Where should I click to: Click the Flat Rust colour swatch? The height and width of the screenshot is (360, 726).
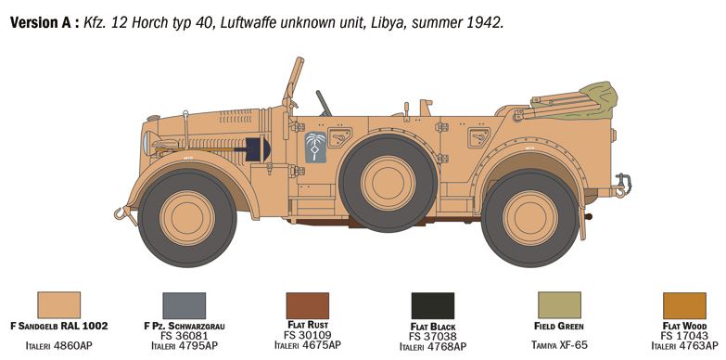click(308, 305)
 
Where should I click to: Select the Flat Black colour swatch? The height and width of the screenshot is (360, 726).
click(433, 305)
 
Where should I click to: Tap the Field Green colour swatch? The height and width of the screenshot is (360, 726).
click(559, 305)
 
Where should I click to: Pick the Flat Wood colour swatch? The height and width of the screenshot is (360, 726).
click(685, 305)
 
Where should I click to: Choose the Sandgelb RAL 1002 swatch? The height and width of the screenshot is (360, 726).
click(58, 305)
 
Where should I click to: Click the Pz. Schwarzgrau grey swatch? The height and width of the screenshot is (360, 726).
click(185, 305)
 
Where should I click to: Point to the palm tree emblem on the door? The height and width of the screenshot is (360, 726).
click(316, 147)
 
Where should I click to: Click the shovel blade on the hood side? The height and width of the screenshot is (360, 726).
click(258, 148)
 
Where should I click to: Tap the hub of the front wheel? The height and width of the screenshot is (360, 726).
click(187, 218)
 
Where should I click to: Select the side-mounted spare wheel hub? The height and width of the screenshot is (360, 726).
click(388, 183)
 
